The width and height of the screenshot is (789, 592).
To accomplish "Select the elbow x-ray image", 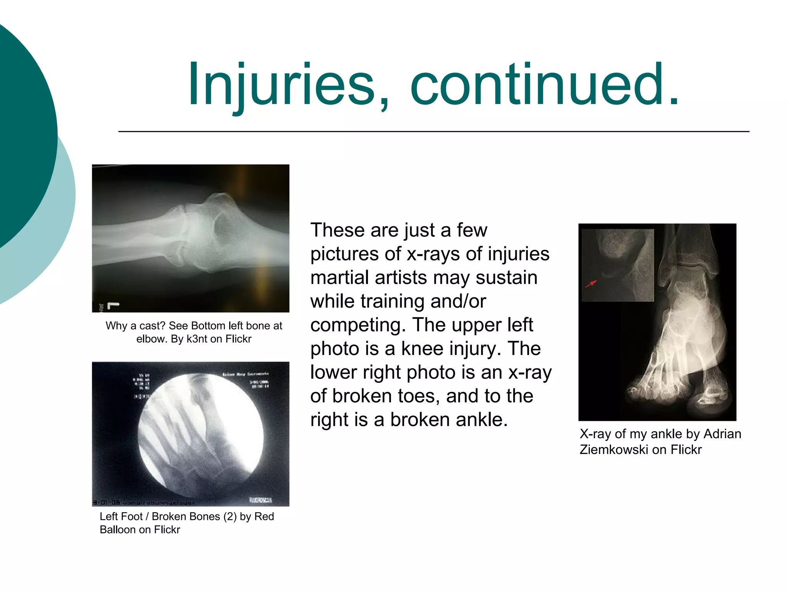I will (x=190, y=238).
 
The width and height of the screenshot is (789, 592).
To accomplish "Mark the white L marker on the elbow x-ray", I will (x=113, y=306).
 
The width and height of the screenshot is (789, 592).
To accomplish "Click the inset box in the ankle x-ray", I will (x=618, y=265).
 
